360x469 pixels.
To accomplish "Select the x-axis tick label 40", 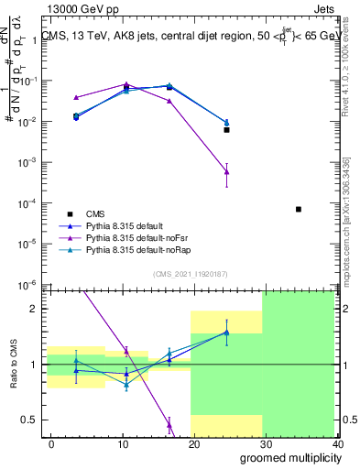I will (338, 444).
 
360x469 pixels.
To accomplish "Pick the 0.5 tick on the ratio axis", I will (33, 420).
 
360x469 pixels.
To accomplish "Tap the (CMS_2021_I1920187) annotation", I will (190, 273).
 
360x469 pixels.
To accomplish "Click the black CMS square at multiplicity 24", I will (226, 130).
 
